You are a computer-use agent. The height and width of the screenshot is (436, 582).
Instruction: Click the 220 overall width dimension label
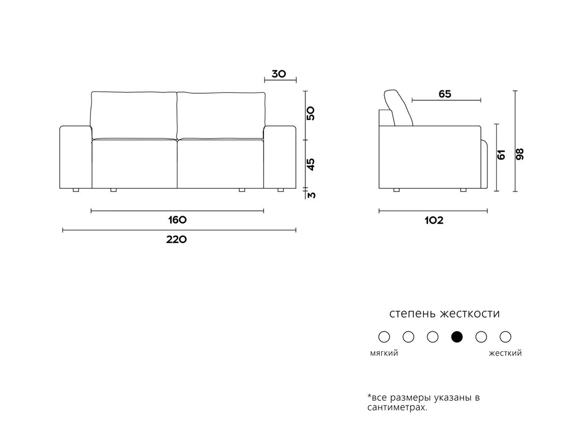click(x=177, y=239)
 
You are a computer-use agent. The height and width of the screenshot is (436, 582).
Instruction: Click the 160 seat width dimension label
click(x=177, y=220)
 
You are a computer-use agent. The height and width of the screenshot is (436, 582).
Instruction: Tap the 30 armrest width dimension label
click(x=279, y=74)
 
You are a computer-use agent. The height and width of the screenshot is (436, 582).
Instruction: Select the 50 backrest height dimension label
click(x=311, y=113)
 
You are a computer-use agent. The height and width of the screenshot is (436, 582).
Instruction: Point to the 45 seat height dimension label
click(x=311, y=164)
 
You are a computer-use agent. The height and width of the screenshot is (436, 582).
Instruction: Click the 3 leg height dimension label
click(x=312, y=195)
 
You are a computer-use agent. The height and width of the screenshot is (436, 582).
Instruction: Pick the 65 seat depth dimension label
click(x=445, y=94)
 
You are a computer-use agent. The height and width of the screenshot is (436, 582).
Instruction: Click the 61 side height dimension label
click(x=501, y=155)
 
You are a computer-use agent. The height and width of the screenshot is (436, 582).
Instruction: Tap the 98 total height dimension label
click(x=520, y=154)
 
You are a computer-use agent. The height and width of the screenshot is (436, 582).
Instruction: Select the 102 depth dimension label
click(x=434, y=221)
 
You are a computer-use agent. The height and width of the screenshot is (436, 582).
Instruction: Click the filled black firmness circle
click(x=457, y=337)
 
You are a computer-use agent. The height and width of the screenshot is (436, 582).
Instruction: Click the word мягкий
click(x=384, y=353)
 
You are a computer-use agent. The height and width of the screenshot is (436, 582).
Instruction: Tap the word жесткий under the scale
click(x=505, y=353)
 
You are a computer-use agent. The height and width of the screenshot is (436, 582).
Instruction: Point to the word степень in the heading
click(x=412, y=314)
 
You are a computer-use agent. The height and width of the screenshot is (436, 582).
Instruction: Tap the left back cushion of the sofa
click(x=134, y=114)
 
